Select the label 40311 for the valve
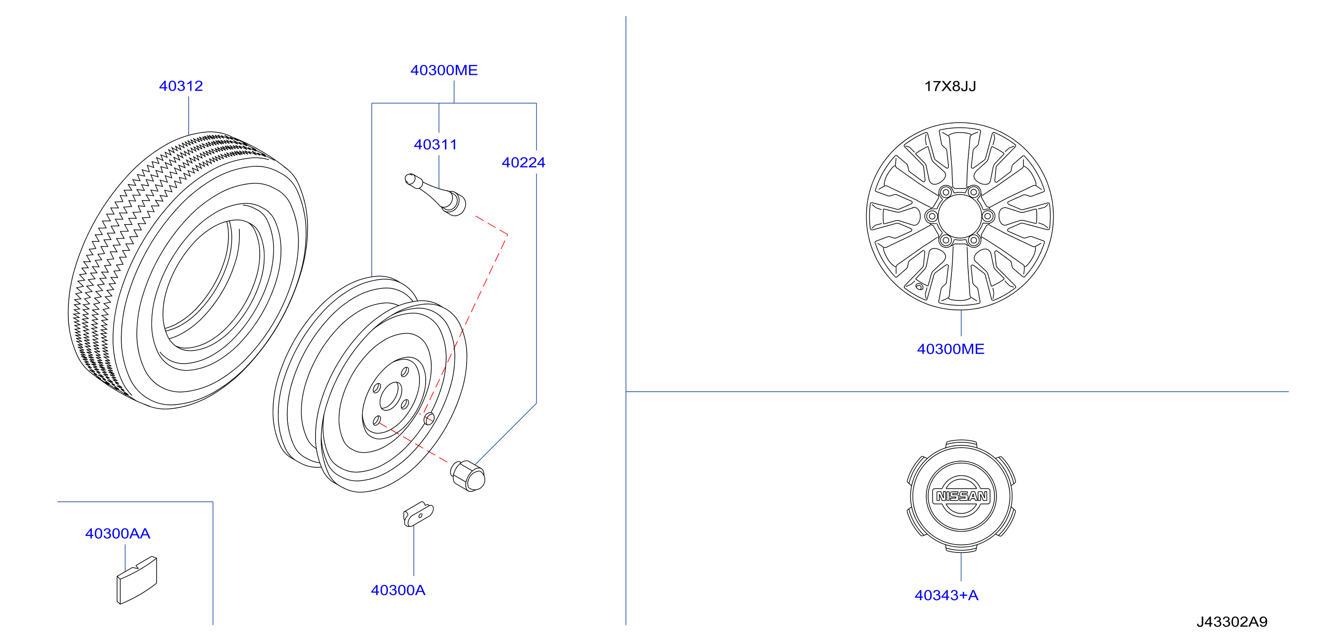pyautogui.click(x=435, y=144)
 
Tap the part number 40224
pyautogui.click(x=523, y=162)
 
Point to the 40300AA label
pyautogui.click(x=117, y=534)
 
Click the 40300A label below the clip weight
pyautogui.click(x=398, y=590)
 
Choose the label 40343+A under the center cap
pyautogui.click(x=946, y=595)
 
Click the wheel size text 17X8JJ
pyautogui.click(x=950, y=86)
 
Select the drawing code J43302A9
pyautogui.click(x=1232, y=622)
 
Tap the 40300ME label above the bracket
pyautogui.click(x=444, y=70)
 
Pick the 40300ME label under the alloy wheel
pyautogui.click(x=951, y=349)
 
